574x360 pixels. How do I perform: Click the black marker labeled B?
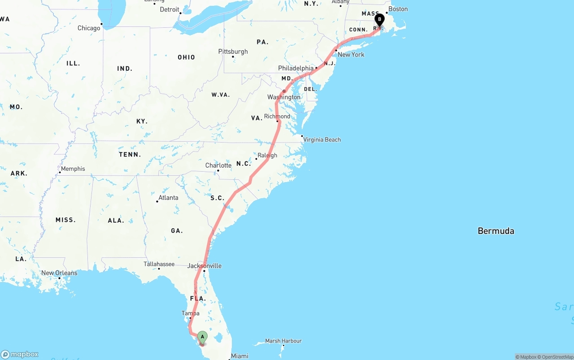[x=379, y=20]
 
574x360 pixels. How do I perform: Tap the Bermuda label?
[x=496, y=231]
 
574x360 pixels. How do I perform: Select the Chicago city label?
[x=89, y=28]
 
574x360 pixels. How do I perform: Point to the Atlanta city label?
[x=168, y=198]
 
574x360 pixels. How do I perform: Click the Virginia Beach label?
[x=322, y=139]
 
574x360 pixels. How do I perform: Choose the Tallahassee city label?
[x=159, y=264]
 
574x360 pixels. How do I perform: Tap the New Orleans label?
[x=59, y=273]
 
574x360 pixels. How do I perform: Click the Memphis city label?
[x=73, y=169]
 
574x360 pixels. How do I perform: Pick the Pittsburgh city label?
[x=233, y=52]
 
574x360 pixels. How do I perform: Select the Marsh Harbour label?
[x=283, y=341]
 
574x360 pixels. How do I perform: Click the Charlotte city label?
[x=218, y=165]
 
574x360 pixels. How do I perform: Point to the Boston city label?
[x=398, y=9]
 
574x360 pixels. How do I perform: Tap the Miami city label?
[x=239, y=356]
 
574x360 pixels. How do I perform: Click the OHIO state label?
[x=186, y=57]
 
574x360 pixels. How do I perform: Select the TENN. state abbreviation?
[x=130, y=154]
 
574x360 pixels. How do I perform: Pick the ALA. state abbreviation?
[x=116, y=220]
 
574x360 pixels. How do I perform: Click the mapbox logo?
[x=20, y=355]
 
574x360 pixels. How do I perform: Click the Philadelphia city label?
[x=296, y=68]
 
